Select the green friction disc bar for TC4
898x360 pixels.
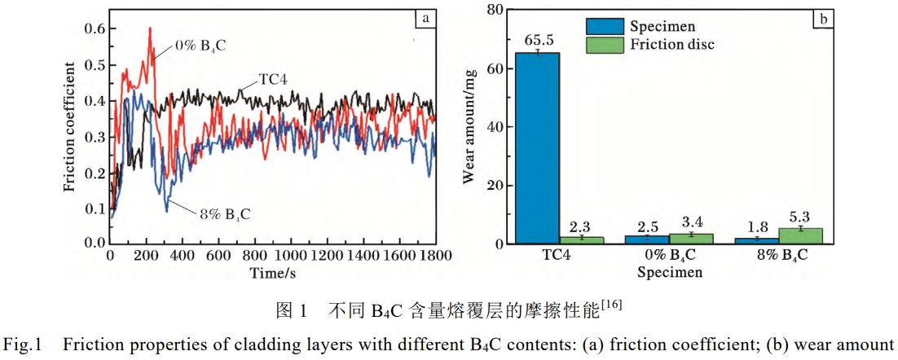[581, 239]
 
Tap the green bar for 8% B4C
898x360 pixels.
[799, 235]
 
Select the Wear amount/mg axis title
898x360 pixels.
[470, 126]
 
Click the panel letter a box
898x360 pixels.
[424, 18]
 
